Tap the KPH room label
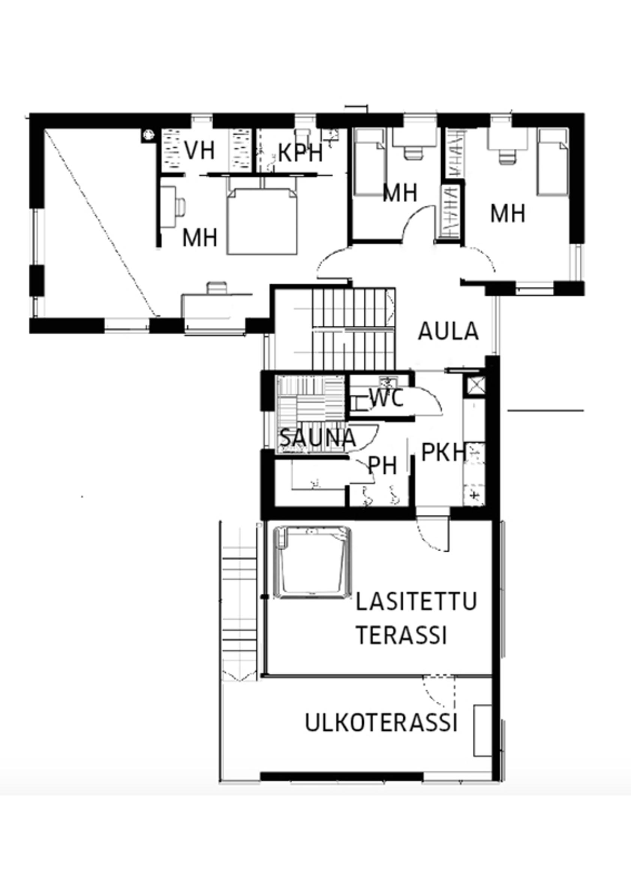tap(301, 153)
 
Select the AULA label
tap(448, 332)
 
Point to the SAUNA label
tap(318, 438)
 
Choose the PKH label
tap(444, 452)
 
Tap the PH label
tap(382, 465)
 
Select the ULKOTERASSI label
tap(381, 722)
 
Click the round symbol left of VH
tap(148, 135)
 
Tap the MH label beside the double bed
tap(200, 238)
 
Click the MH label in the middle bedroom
tap(400, 193)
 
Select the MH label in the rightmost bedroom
tap(508, 214)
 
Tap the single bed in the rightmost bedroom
tap(553, 162)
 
